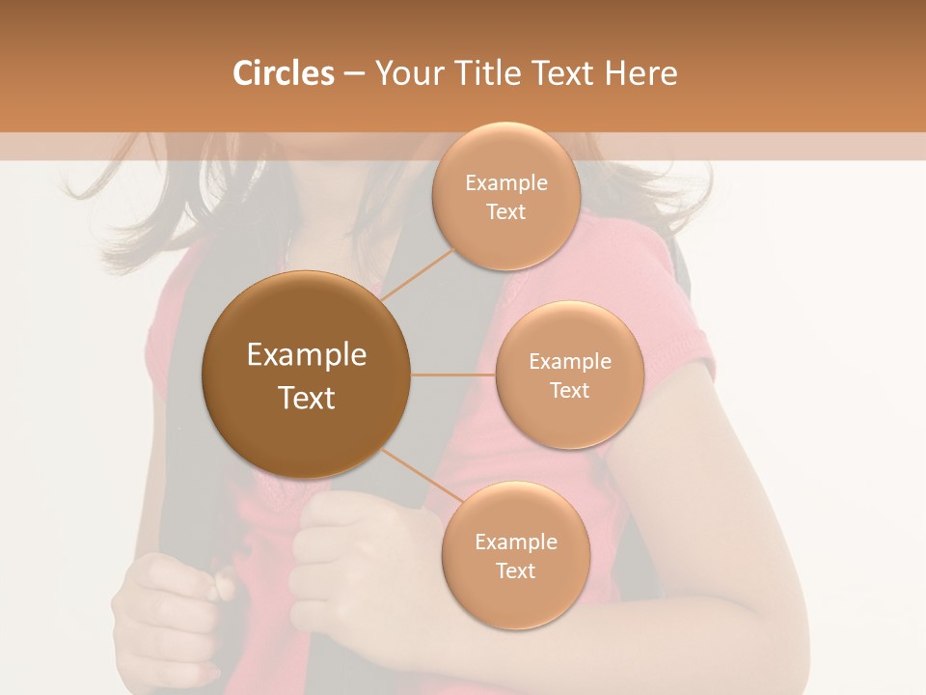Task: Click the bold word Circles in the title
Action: tap(283, 73)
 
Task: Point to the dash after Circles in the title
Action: tap(354, 74)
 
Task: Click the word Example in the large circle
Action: tap(307, 355)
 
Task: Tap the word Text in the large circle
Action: tap(307, 398)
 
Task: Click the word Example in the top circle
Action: tap(505, 183)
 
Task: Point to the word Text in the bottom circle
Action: tap(515, 570)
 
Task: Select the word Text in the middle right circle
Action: tap(569, 390)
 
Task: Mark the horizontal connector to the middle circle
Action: tap(452, 375)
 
